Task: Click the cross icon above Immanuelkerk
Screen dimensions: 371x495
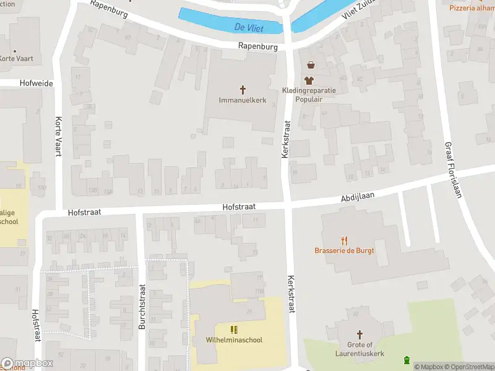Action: click(243, 90)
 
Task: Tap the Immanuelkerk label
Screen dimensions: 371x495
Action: click(243, 100)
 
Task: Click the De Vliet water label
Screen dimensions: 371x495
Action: click(247, 27)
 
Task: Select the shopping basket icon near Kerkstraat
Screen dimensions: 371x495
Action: click(310, 65)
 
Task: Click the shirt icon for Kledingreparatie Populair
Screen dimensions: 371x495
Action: click(309, 80)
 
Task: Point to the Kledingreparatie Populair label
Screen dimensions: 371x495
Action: click(309, 94)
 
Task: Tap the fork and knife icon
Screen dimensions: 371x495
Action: click(344, 241)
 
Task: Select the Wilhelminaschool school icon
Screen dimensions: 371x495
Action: click(234, 330)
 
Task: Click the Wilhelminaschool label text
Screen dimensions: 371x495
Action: click(234, 340)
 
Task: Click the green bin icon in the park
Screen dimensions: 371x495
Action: click(407, 360)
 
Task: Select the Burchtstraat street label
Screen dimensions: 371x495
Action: click(142, 306)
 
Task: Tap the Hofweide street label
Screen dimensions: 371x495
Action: click(36, 82)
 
